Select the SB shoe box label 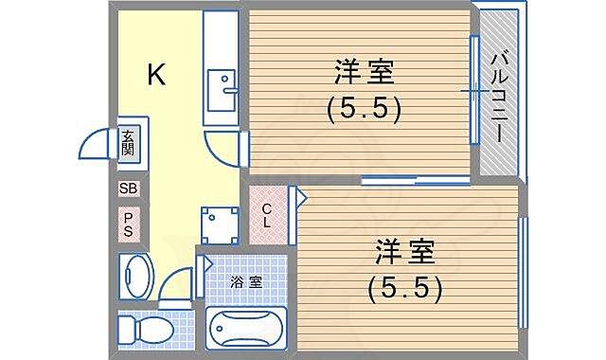coord(129,189)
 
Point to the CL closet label coord(268,216)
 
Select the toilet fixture coord(142,331)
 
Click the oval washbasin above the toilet coord(135,276)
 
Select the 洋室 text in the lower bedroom coord(405,252)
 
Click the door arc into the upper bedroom coord(223,152)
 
